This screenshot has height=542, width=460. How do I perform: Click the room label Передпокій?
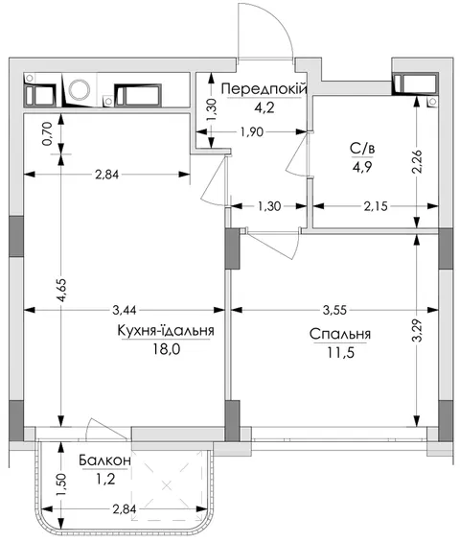(264, 89)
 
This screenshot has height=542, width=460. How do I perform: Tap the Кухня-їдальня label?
(166, 331)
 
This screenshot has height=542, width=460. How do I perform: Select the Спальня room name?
(340, 334)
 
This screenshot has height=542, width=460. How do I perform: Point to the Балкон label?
(105, 460)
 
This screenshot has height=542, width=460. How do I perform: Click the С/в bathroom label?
(362, 150)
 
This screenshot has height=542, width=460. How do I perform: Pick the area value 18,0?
(167, 349)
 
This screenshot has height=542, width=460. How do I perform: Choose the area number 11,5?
(341, 353)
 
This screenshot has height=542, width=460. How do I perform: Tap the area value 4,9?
(362, 167)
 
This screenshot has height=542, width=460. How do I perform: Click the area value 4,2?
(264, 107)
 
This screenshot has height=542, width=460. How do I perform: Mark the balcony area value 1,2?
(105, 479)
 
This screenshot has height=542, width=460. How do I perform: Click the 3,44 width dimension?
(125, 310)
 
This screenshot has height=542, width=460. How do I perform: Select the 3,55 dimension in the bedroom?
(334, 310)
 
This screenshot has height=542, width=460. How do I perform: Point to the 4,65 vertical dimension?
(61, 290)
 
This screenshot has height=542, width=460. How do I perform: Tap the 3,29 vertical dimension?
(417, 330)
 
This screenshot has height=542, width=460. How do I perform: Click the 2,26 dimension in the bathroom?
(417, 161)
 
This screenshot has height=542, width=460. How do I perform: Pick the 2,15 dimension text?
(376, 206)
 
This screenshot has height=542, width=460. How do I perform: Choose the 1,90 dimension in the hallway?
(252, 131)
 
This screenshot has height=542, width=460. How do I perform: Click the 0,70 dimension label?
(48, 133)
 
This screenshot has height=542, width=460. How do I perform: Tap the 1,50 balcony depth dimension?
(61, 485)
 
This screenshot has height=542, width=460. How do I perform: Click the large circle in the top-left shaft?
(80, 90)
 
